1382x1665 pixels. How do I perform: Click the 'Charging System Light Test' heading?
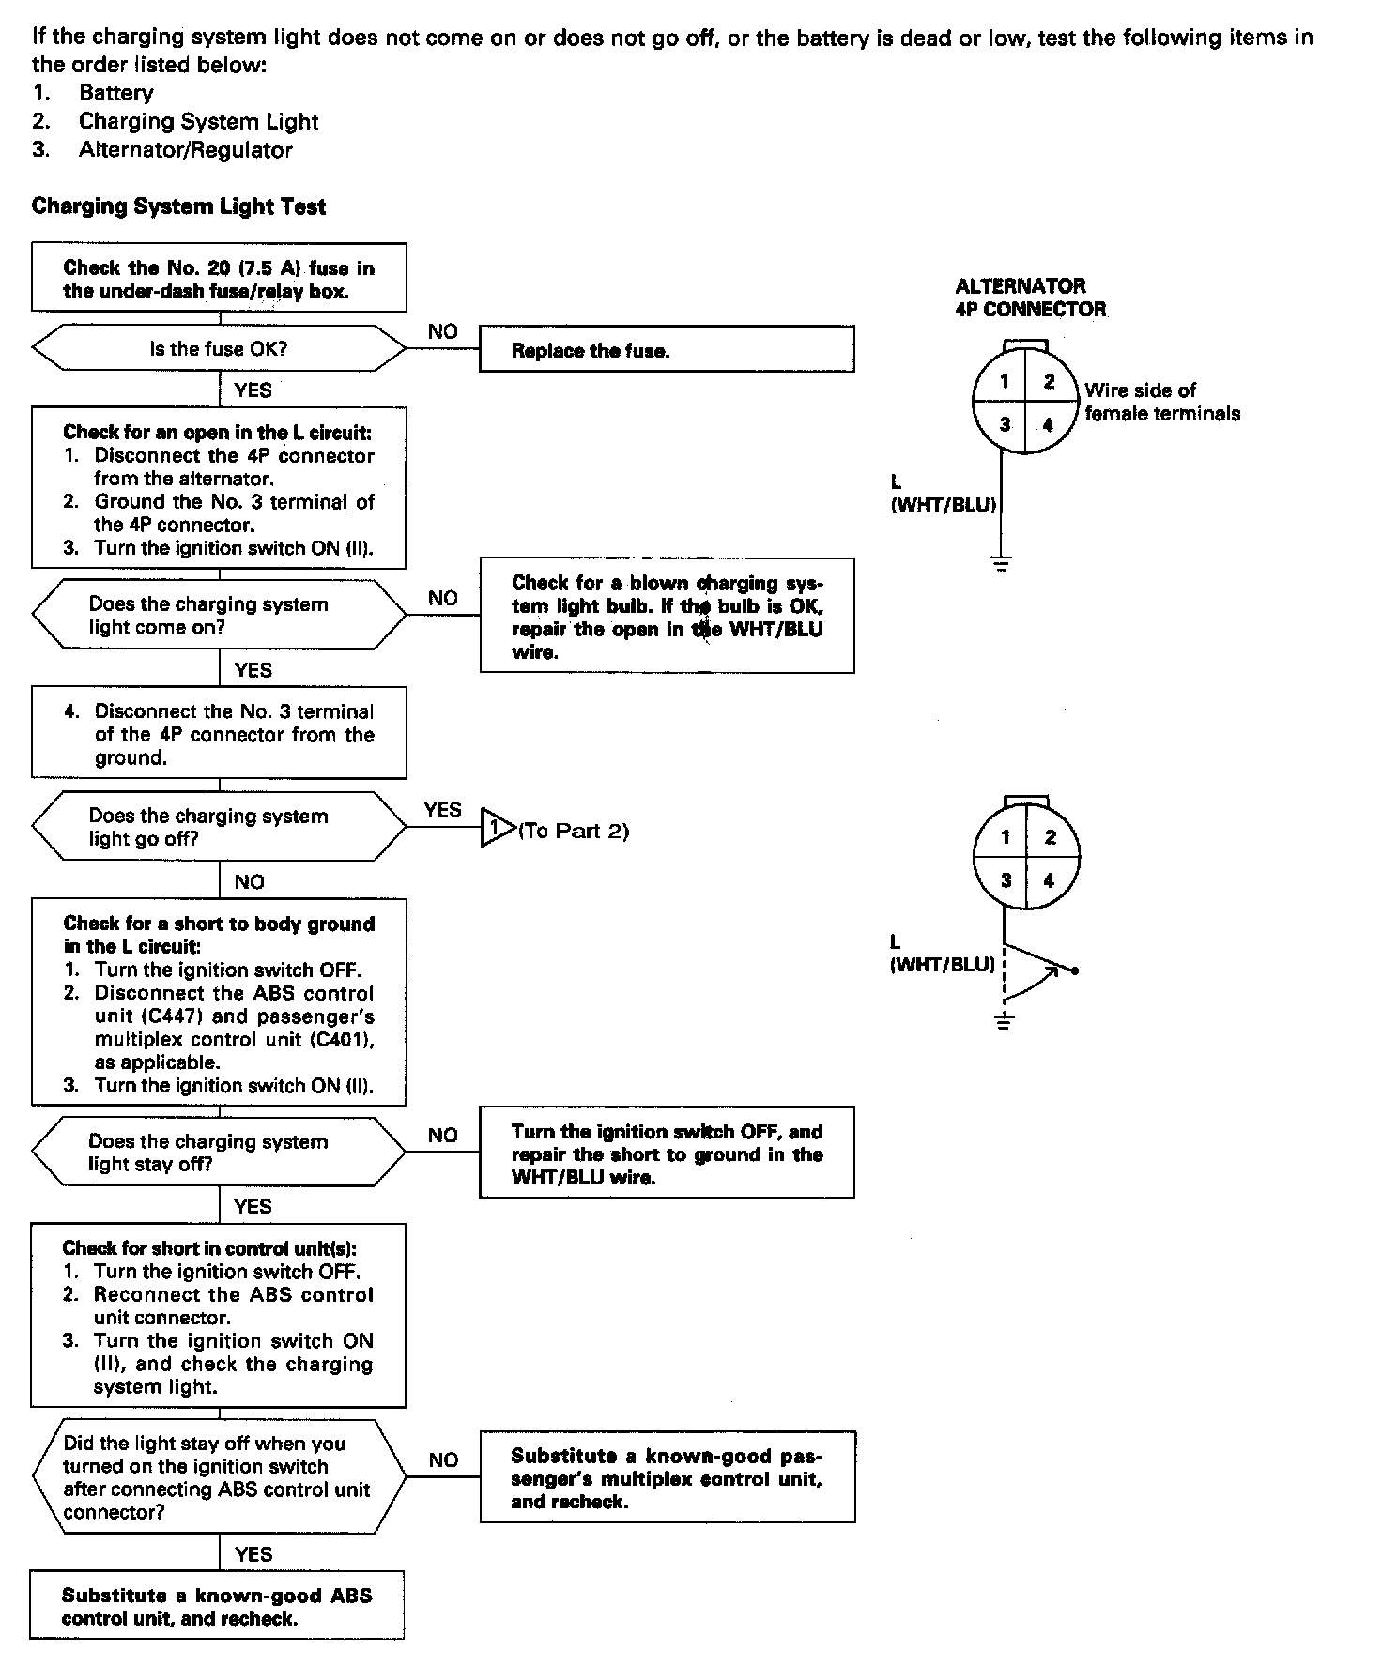click(x=178, y=206)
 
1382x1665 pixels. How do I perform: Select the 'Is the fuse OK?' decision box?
click(x=219, y=349)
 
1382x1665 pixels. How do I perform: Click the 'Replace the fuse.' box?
click(x=667, y=350)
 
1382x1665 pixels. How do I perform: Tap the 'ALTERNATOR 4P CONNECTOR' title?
click(x=1030, y=298)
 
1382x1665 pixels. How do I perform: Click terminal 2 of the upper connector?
click(x=1050, y=381)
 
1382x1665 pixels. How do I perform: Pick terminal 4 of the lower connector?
click(x=1049, y=880)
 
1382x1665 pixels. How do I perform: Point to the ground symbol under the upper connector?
click(x=1003, y=564)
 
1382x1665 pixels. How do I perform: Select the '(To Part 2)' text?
click(x=574, y=831)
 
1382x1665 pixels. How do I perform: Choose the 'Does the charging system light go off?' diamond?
click(x=219, y=827)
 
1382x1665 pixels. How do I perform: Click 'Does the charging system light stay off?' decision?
click(x=219, y=1153)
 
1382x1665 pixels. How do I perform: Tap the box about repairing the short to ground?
click(x=667, y=1153)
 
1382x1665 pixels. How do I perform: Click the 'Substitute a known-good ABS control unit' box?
click(x=217, y=1606)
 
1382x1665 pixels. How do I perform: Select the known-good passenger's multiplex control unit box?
click(x=667, y=1478)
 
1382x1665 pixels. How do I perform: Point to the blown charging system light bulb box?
click(x=667, y=617)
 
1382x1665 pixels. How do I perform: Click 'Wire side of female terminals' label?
click(x=1161, y=402)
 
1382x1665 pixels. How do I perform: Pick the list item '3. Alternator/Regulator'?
click(x=162, y=150)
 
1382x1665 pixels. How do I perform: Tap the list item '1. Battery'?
click(x=93, y=93)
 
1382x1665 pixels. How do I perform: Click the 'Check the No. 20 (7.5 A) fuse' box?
click(x=219, y=279)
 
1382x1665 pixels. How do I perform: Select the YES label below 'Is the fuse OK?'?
click(x=253, y=390)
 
